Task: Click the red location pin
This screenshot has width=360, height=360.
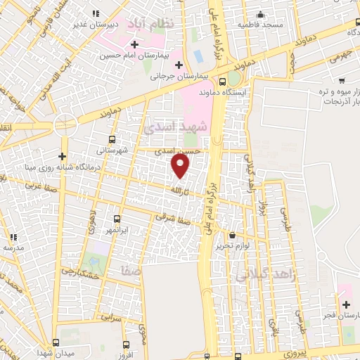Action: click(x=181, y=166)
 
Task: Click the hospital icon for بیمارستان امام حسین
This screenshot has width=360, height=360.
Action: click(x=134, y=45)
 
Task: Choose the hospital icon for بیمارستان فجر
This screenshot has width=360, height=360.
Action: click(x=345, y=305)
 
